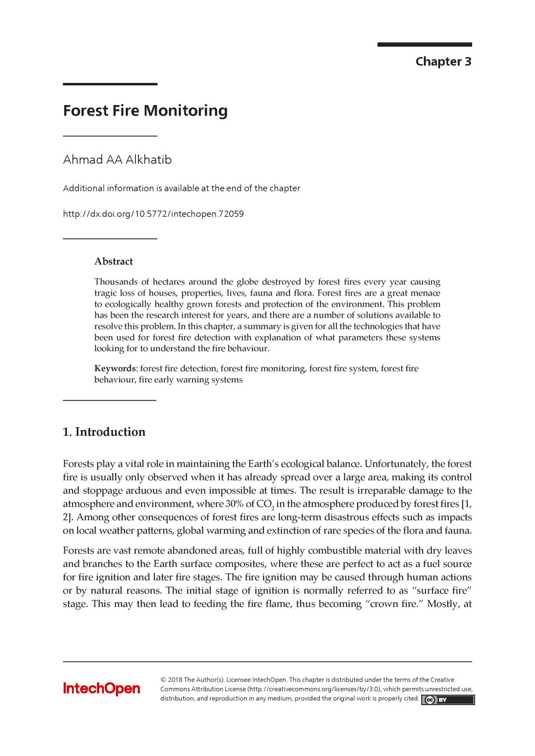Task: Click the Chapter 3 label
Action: [443, 61]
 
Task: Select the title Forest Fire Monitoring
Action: [145, 111]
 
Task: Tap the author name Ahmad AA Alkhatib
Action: [117, 160]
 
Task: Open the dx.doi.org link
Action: [153, 214]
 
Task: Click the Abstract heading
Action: [113, 261]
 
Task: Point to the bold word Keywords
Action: [115, 369]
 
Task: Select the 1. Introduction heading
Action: [104, 432]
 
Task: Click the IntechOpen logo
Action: [102, 688]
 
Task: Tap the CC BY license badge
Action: [447, 700]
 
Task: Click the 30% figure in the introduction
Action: [234, 504]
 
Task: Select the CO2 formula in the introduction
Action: [265, 505]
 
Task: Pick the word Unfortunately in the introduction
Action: [396, 464]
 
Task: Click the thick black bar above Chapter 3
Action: [424, 45]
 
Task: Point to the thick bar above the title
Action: [110, 84]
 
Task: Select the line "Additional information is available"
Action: [181, 188]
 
